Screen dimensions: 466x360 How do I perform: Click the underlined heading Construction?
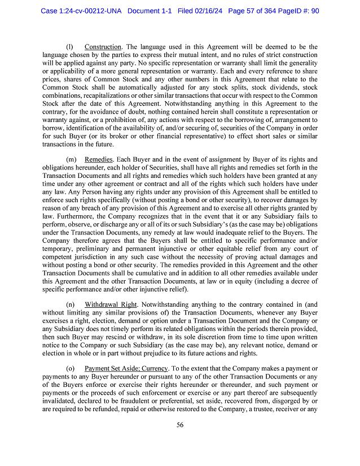(103, 46)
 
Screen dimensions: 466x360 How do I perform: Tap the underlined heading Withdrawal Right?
(109, 303)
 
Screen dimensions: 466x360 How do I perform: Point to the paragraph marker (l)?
(70, 46)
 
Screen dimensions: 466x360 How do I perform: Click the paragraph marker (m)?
(71, 160)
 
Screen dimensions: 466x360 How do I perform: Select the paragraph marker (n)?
(71, 303)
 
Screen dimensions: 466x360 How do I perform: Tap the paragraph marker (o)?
(71, 368)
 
